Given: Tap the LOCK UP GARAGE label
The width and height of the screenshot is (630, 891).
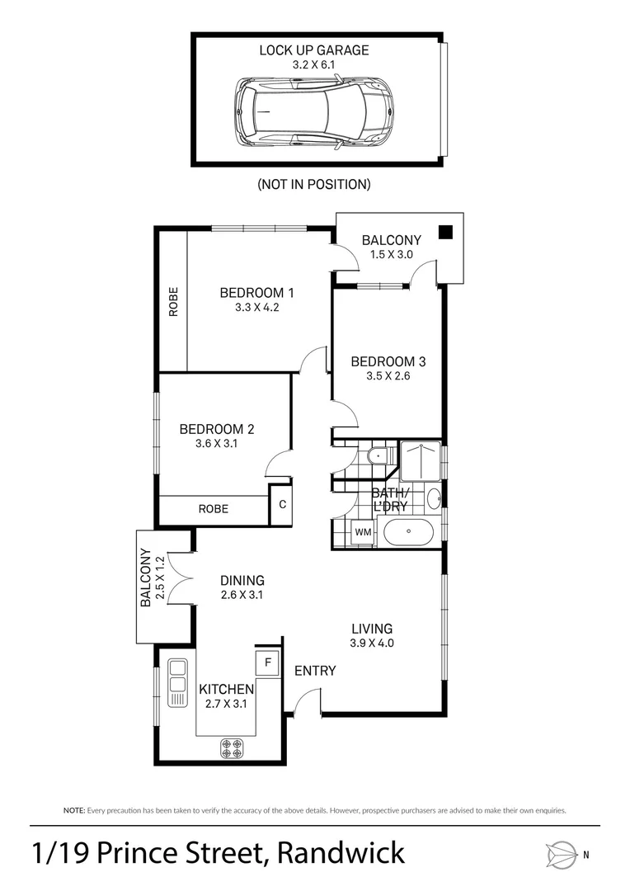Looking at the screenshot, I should tap(314, 50).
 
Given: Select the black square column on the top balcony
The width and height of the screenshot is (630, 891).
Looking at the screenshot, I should tap(445, 233).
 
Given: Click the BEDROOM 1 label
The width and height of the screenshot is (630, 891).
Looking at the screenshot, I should tap(256, 292).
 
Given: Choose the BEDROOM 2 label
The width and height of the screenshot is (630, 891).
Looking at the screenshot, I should tap(216, 429).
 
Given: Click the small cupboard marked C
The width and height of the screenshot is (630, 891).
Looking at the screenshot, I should tap(281, 505).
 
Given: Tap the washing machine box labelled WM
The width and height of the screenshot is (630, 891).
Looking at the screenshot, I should tap(363, 533).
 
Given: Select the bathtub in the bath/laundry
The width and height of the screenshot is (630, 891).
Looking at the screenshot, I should tap(408, 534).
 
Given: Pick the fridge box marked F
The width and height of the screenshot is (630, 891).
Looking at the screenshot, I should tap(267, 660).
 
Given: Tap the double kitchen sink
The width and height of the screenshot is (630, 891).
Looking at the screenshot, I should tap(177, 682).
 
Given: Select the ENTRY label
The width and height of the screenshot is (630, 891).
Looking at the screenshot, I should tap(315, 671).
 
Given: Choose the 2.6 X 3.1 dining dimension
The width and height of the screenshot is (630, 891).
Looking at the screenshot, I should tap(242, 595).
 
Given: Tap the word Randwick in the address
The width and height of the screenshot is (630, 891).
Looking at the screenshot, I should tap(341, 852).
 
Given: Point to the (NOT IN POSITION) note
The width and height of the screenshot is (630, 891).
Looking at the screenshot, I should tap(314, 184).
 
